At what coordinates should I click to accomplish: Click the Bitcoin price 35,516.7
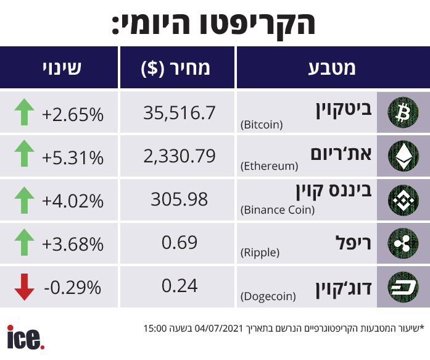179,113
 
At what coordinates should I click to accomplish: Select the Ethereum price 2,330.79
179,156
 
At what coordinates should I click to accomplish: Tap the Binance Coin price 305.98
179,199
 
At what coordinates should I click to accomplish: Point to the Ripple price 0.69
179,243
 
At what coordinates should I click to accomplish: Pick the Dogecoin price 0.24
179,285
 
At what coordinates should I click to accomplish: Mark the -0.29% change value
72,287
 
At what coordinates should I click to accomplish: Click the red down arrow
24,287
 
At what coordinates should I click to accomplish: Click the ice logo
25,337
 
